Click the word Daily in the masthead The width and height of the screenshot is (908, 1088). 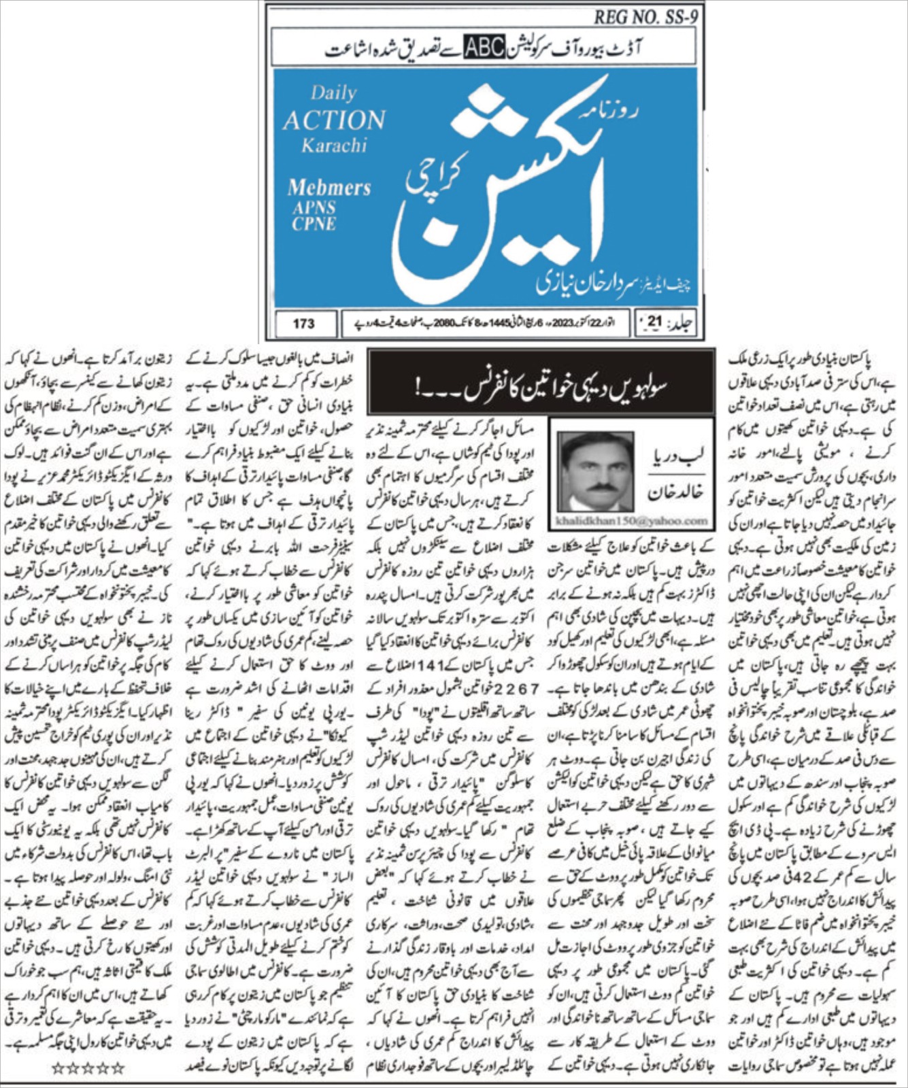click(333, 93)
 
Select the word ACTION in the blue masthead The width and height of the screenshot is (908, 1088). click(334, 120)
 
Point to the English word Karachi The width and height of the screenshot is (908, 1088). click(334, 146)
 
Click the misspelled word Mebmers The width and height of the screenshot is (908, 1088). click(329, 187)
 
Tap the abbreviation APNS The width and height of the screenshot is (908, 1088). click(317, 207)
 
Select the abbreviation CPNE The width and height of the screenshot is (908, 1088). click(314, 224)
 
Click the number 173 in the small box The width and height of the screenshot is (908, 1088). click(303, 324)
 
